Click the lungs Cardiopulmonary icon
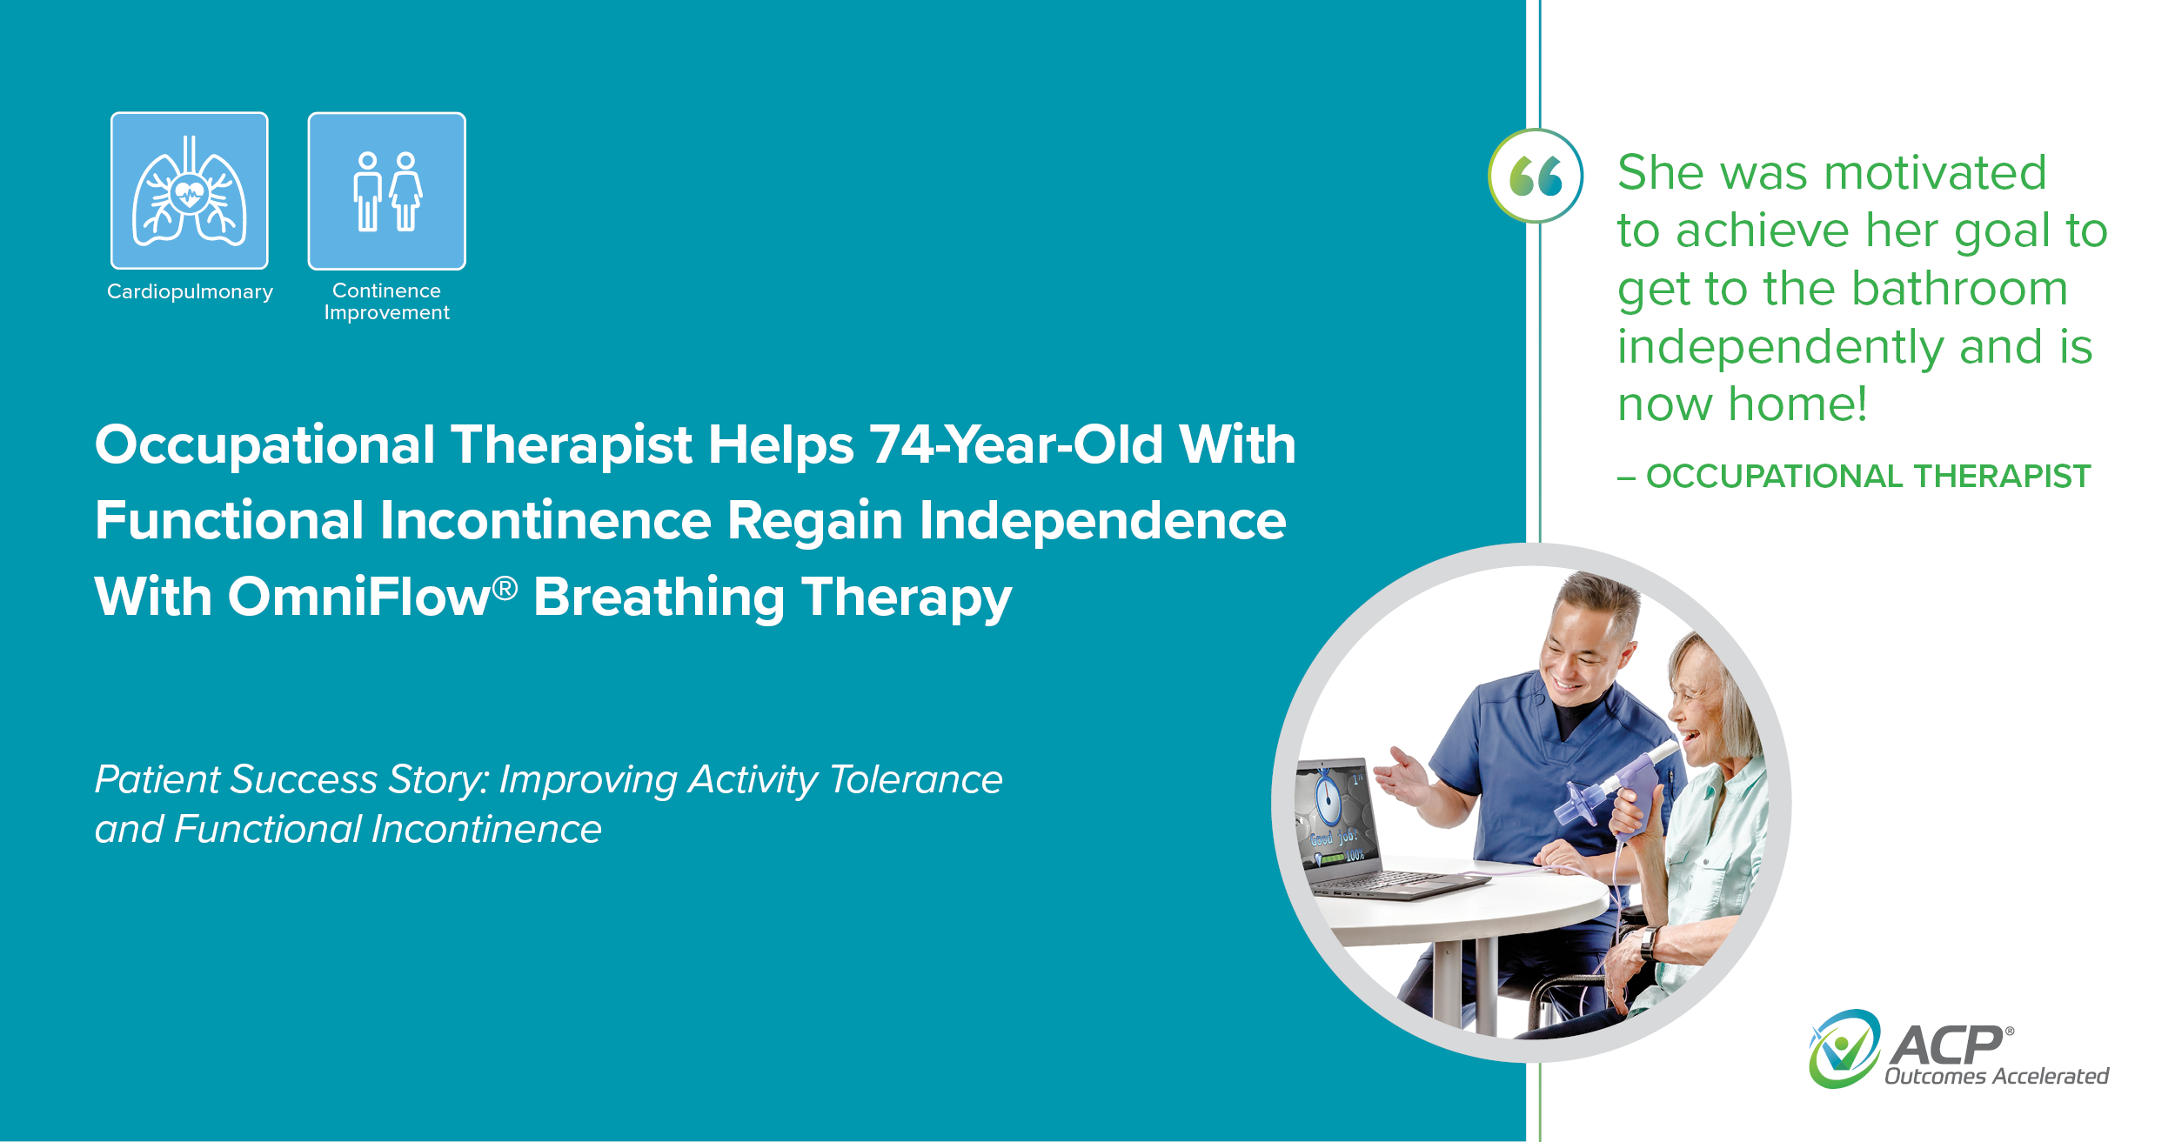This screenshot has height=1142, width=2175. pos(189,190)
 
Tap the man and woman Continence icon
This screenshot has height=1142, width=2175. pos(386,190)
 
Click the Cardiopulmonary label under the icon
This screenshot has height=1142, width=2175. pos(190,292)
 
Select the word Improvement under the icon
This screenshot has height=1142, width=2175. pos(386,313)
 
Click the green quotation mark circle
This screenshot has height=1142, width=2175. pos(1536,177)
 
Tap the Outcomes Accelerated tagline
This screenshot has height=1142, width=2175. pos(1996,1077)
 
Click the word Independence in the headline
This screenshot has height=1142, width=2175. pos(1102,521)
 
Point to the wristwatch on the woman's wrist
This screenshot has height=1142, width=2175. pos(1648,943)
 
